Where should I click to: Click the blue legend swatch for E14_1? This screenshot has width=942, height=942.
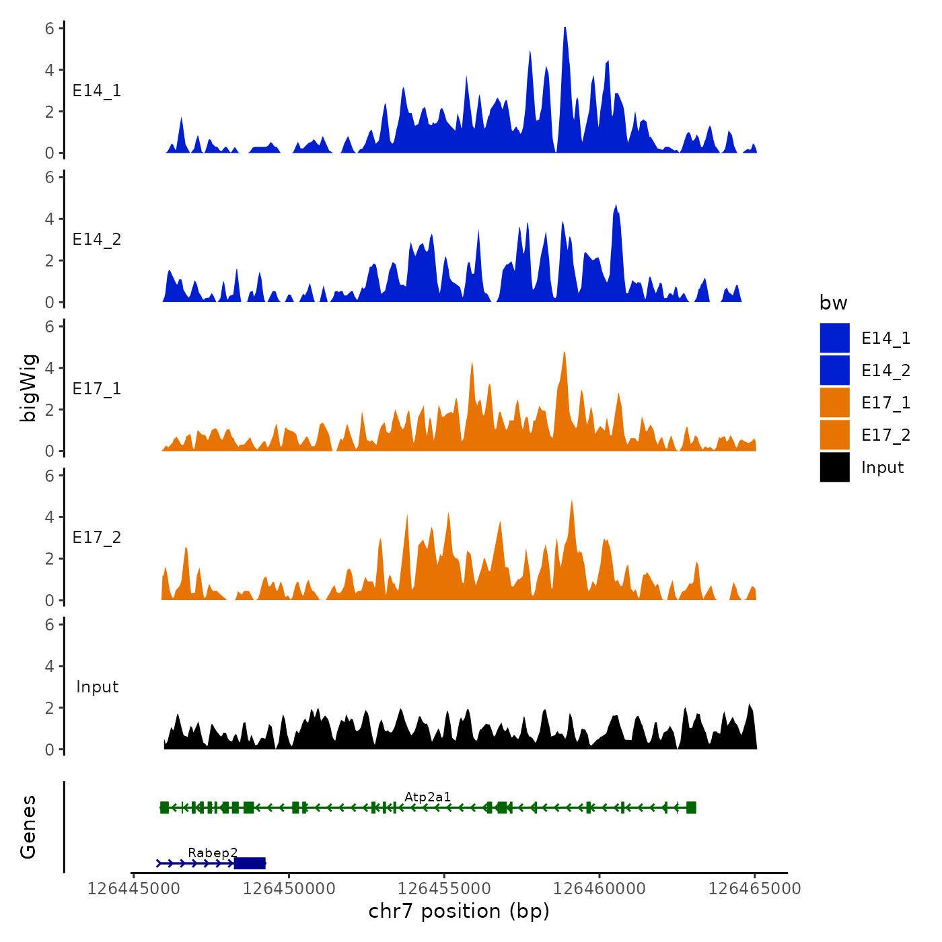[834, 338]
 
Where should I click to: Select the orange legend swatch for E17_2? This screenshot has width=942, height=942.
[834, 435]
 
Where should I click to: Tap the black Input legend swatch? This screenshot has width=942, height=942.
[834, 467]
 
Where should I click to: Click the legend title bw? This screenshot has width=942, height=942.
[833, 303]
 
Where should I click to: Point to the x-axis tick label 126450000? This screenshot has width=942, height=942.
[289, 889]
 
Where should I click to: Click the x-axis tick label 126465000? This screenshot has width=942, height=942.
[754, 889]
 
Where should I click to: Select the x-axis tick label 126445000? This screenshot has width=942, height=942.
[134, 889]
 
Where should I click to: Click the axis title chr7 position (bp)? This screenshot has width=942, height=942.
[459, 911]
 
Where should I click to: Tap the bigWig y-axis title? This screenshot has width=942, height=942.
[28, 388]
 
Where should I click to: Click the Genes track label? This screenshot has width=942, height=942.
[28, 827]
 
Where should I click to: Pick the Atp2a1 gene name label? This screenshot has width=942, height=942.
[427, 797]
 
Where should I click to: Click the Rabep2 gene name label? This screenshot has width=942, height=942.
[213, 853]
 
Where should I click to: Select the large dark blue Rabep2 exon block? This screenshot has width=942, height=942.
[250, 863]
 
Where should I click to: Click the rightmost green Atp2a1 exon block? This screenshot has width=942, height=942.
[691, 807]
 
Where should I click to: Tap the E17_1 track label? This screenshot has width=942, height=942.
[97, 389]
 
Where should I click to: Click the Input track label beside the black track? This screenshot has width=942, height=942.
[97, 687]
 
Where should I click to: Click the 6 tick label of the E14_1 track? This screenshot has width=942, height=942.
[49, 28]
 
